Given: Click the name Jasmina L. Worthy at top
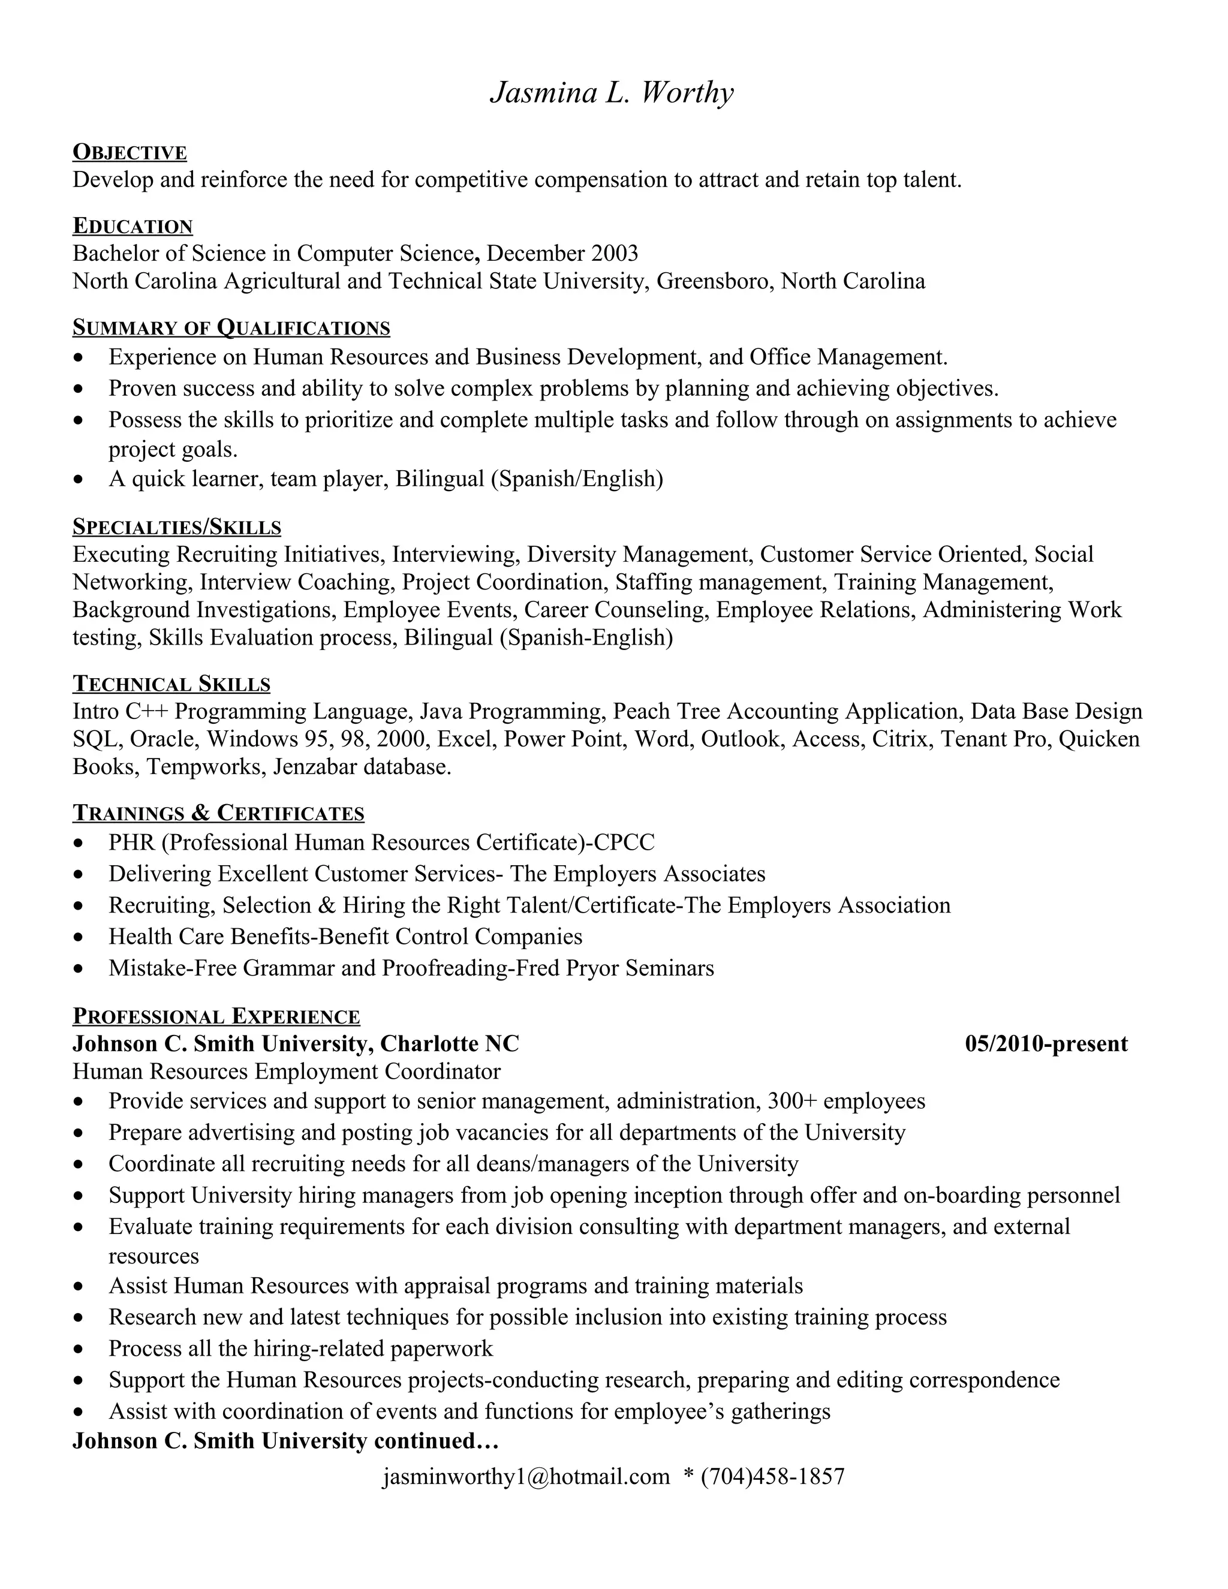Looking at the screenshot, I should point(613,93).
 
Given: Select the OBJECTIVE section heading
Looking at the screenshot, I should point(130,152).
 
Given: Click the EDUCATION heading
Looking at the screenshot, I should point(133,226).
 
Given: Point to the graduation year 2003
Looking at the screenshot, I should point(615,254).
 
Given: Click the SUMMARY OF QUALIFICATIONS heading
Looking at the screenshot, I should point(231,328).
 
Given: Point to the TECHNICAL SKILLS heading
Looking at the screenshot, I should point(171,684).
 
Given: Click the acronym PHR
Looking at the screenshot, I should point(132,842).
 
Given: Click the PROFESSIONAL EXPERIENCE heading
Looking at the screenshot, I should point(216,1016).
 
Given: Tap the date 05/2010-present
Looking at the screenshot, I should point(1046,1044).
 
